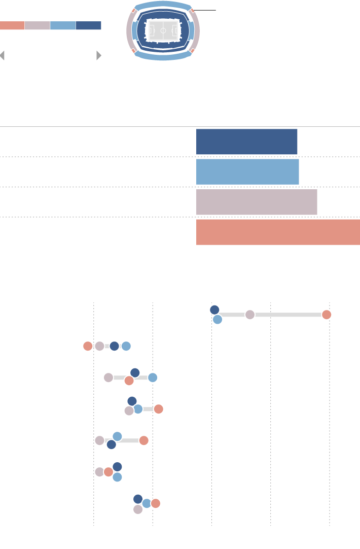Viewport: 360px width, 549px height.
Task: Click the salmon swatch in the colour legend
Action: click(x=12, y=25)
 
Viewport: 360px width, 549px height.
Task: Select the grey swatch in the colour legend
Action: click(x=37, y=25)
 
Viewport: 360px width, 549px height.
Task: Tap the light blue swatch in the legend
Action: click(x=63, y=25)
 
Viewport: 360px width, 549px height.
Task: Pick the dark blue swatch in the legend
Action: click(x=88, y=25)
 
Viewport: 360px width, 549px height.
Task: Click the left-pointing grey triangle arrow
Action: click(x=3, y=56)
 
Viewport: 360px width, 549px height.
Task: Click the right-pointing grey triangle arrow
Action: click(x=99, y=56)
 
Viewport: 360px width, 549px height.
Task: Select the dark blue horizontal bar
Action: click(x=246, y=142)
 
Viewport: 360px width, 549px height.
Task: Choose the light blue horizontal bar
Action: click(x=247, y=172)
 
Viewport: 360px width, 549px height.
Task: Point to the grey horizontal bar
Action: click(x=257, y=202)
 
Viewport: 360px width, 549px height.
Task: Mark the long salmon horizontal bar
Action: click(x=278, y=232)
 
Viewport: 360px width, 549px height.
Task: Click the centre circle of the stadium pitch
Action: click(x=163, y=30)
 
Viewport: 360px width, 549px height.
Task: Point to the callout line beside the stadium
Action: click(x=205, y=10)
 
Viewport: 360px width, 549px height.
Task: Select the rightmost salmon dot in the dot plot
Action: click(x=327, y=315)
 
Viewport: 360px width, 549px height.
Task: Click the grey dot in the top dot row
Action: click(x=250, y=315)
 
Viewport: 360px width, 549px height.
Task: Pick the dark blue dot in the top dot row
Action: click(x=214, y=310)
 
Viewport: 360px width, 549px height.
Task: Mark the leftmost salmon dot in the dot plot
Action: click(x=88, y=346)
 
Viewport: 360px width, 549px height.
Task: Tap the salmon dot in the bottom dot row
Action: click(x=156, y=503)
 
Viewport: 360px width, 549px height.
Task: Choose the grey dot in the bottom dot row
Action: click(x=138, y=509)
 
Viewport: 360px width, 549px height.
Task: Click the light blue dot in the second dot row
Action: click(x=126, y=346)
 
